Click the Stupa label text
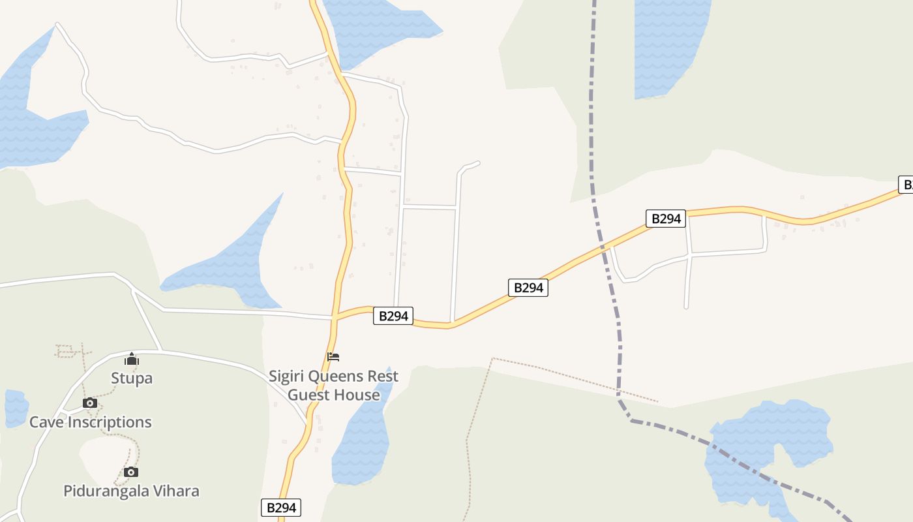coord(132,378)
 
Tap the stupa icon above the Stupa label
coord(132,359)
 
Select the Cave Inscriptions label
coord(91,422)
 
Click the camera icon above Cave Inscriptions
coord(90,403)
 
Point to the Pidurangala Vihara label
coord(131,491)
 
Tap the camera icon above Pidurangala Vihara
coord(131,472)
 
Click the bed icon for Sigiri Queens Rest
coord(333,356)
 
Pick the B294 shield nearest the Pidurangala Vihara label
coord(281,508)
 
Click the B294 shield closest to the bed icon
coord(393,316)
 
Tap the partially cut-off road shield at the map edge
coord(906,185)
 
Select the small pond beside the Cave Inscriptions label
coord(16,407)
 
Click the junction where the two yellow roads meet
coord(335,318)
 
